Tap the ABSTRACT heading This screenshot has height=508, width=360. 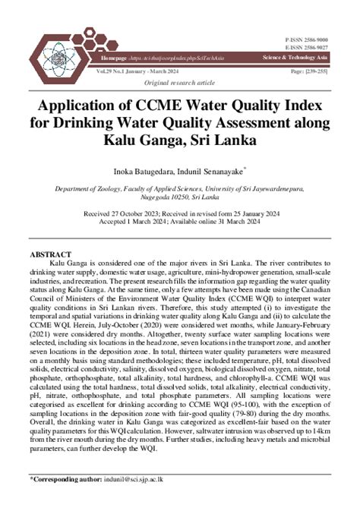click(x=50, y=253)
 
